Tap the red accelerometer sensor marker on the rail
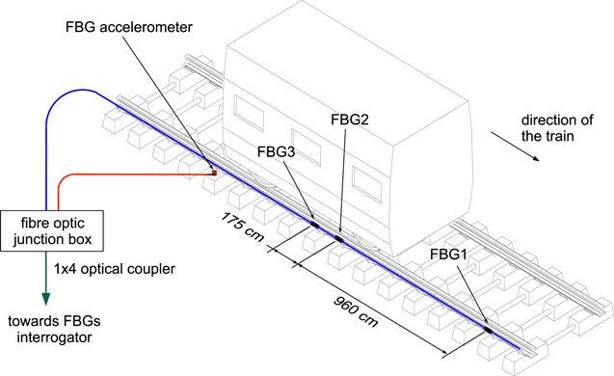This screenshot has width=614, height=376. [x=215, y=173]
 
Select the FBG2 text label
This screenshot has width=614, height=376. [x=349, y=121]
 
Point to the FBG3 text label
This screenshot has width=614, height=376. [x=277, y=151]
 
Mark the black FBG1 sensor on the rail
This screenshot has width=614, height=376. [x=489, y=328]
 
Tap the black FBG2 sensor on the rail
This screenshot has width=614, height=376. [x=339, y=237]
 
